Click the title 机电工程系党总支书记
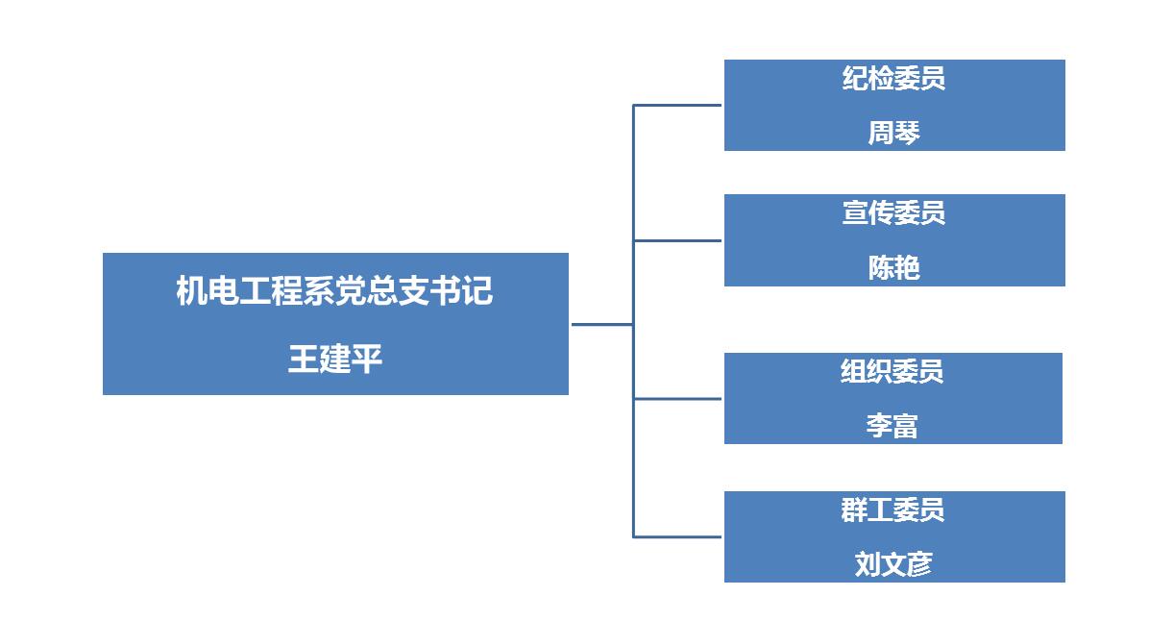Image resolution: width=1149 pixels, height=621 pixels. [334, 291]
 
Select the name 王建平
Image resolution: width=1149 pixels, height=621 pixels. [335, 360]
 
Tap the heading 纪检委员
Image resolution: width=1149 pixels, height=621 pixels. [893, 78]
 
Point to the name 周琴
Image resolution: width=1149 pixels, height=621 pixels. [893, 133]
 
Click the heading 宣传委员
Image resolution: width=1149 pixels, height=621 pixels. [893, 212]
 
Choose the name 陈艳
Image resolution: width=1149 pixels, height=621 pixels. [893, 268]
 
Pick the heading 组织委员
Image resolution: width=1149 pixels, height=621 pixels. [892, 371]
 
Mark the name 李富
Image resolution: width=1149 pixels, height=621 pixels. [892, 426]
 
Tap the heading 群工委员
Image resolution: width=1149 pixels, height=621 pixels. [892, 509]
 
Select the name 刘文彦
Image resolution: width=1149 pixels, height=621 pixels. [893, 564]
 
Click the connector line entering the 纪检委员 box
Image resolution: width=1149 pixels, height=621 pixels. [677, 105]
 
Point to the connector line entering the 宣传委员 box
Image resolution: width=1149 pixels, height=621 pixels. [677, 240]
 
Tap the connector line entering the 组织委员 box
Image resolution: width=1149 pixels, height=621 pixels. [677, 398]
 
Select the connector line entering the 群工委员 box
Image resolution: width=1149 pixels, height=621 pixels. [677, 536]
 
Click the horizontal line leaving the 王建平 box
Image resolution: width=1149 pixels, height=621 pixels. [601, 324]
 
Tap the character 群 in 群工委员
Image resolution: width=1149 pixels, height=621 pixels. [855, 509]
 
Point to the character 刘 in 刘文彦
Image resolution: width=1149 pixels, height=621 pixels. [868, 564]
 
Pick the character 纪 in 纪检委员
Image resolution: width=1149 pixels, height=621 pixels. [855, 78]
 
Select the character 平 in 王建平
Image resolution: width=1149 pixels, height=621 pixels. [367, 360]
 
